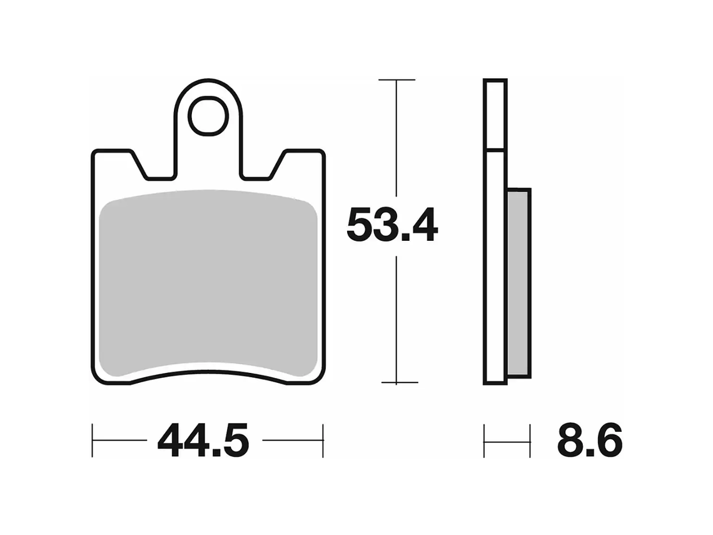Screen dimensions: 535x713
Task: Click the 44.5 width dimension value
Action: [x=203, y=441]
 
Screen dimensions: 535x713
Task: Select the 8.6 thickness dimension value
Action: [x=589, y=441]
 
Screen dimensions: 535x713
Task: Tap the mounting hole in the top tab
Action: [x=208, y=116]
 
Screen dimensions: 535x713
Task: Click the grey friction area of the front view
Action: [x=208, y=285]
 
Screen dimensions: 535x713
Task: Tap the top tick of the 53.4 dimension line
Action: [x=397, y=80]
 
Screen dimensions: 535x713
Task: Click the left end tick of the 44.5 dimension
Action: [x=93, y=441]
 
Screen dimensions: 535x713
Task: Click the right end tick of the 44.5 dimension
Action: [x=323, y=441]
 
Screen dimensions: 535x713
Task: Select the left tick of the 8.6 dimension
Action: [x=485, y=441]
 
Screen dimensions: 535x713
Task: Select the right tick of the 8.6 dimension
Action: [x=530, y=441]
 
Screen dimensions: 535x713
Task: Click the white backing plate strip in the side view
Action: [x=495, y=263]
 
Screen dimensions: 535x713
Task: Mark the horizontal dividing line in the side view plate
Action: [x=495, y=150]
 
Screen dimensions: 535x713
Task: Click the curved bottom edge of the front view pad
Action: [x=208, y=374]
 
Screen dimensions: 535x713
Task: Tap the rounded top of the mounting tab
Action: [x=208, y=81]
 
